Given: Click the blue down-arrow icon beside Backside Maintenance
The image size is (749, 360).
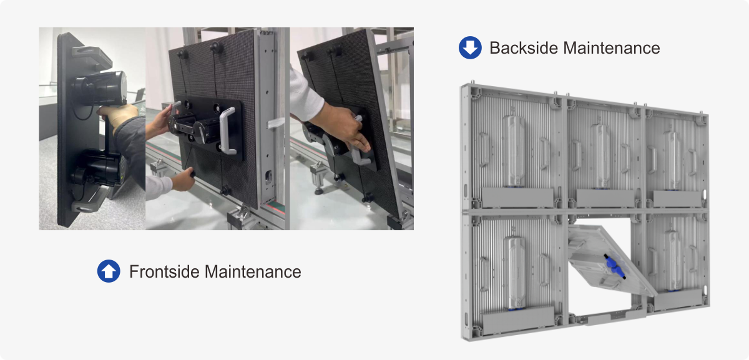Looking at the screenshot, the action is pyautogui.click(x=470, y=48).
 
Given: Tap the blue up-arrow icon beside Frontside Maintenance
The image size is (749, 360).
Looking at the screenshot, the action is pyautogui.click(x=109, y=271).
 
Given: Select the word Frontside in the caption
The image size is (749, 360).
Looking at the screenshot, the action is pyautogui.click(x=165, y=271).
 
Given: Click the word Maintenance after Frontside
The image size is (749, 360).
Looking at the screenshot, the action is pyautogui.click(x=253, y=271).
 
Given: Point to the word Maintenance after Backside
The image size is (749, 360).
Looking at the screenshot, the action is pyautogui.click(x=612, y=48).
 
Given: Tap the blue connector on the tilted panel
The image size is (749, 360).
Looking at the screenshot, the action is pyautogui.click(x=615, y=266).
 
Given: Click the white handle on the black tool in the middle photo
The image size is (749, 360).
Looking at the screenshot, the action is pyautogui.click(x=227, y=131).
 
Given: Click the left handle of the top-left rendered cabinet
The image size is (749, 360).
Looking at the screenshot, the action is pyautogui.click(x=484, y=150).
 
